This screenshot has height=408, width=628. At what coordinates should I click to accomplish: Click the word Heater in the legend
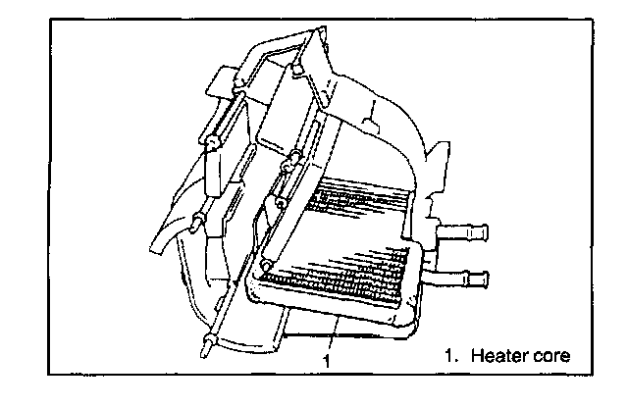click(497, 355)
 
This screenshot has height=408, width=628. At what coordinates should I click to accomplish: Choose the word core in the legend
click(549, 355)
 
